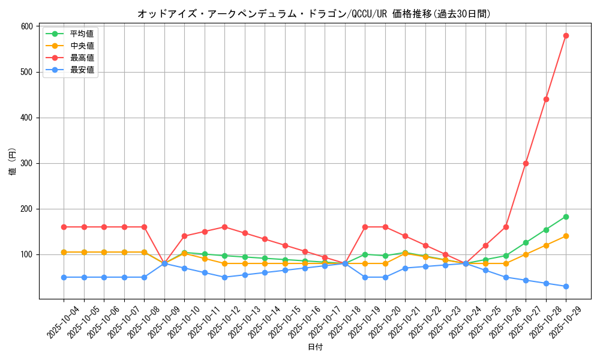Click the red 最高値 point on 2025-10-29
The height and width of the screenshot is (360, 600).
[x=566, y=35]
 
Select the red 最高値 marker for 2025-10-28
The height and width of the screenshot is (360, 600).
[x=546, y=99]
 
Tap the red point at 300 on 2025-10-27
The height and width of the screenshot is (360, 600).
[x=526, y=163]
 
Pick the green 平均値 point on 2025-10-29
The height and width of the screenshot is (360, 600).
[x=566, y=217]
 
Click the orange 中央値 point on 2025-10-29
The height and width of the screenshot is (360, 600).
[x=566, y=236]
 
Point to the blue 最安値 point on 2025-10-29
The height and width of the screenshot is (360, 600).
[x=566, y=286]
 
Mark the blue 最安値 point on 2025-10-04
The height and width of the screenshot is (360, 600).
[x=64, y=277]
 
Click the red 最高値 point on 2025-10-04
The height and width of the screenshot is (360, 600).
[x=64, y=227]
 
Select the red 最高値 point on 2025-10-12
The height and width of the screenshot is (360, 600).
[x=224, y=227]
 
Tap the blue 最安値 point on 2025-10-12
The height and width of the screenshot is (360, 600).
[x=224, y=277]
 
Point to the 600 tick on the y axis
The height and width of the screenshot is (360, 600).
[x=26, y=26]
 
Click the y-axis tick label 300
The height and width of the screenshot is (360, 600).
[x=26, y=163]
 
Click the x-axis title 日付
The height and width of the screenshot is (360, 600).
[x=315, y=347]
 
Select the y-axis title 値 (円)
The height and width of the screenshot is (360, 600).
[x=12, y=162]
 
